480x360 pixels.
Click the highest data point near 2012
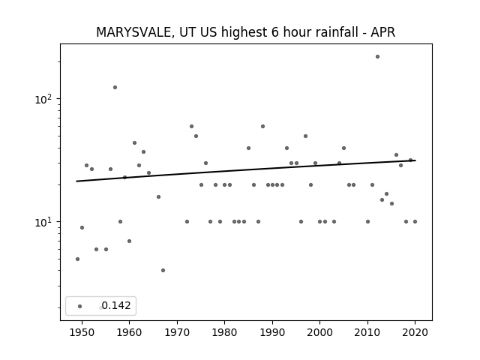pos(377,57)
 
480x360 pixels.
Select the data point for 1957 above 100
pos(115,87)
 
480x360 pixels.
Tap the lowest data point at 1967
pos(163,270)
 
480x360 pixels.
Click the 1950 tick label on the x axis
pos(82,332)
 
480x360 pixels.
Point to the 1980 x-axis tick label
pos(225,332)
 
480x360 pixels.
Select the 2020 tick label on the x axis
pos(415,332)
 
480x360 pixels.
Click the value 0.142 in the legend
pos(116,305)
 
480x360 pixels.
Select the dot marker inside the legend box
pos(80,306)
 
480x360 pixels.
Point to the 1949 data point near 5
pos(77,259)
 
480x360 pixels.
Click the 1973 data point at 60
pos(192,127)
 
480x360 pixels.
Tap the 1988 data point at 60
pos(263,127)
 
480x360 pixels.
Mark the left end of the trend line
pos(76,181)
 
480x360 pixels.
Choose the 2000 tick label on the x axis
pos(320,332)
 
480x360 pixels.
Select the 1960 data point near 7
pos(130,241)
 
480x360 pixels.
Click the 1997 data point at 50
pos(305,136)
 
